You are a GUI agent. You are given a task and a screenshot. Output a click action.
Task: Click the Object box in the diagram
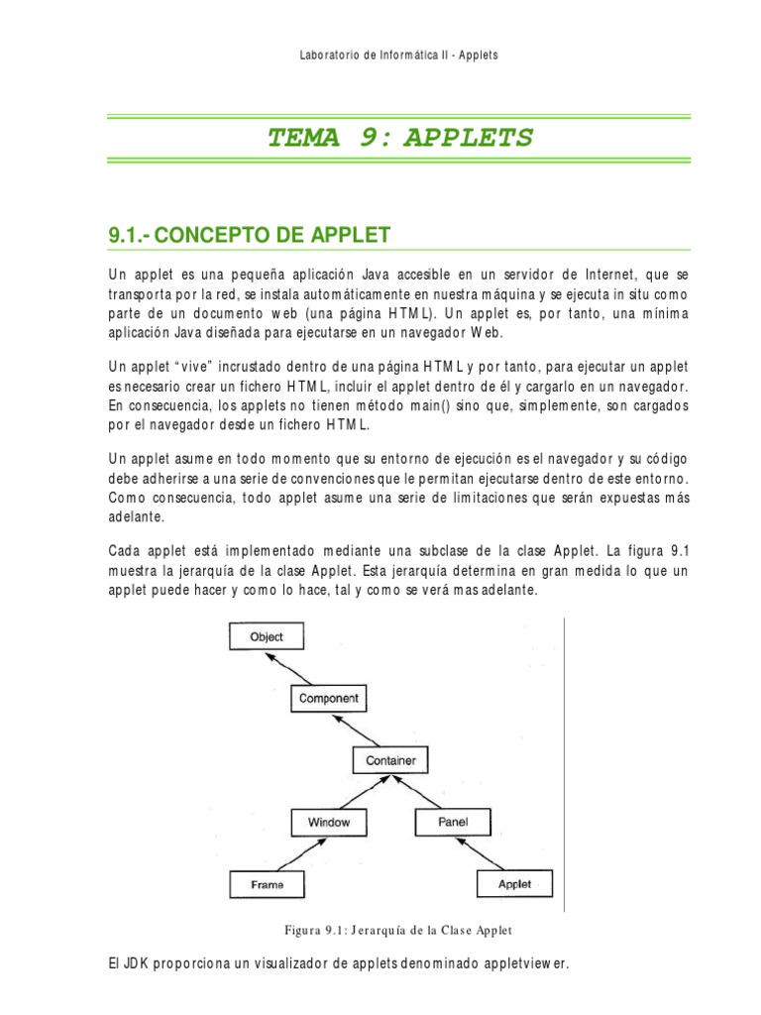coord(267,636)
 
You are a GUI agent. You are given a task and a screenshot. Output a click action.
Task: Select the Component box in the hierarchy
coord(328,698)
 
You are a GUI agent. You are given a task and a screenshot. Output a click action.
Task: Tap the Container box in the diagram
coord(390,760)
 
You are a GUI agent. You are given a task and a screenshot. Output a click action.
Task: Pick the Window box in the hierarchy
coord(328,822)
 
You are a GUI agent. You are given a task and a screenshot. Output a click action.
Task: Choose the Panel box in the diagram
coord(452,822)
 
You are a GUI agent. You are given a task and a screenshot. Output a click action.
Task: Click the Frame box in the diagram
coord(267,884)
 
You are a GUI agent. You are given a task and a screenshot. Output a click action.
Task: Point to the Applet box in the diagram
coord(514,884)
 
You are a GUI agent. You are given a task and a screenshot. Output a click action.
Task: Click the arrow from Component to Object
coord(297,667)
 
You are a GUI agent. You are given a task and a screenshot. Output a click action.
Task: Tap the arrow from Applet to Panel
coord(485,852)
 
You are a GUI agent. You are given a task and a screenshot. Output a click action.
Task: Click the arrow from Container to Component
coord(360,730)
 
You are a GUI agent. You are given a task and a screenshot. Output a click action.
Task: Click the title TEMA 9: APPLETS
coord(399,137)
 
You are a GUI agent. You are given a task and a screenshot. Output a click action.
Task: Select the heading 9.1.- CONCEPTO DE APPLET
coord(249,235)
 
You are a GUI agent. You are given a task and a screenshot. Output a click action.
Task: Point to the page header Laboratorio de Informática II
coord(398,55)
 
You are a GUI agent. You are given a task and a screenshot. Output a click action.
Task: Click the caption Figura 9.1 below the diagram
coord(397,930)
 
